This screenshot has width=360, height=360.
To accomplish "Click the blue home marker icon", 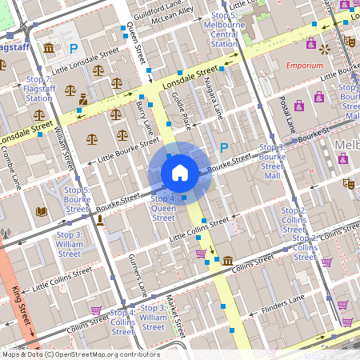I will coord(180,172).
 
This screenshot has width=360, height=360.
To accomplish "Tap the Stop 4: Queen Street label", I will coord(163,207).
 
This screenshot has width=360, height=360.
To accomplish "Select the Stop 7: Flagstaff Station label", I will coord(38,89).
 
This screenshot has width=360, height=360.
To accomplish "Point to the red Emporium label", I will coord(305,66).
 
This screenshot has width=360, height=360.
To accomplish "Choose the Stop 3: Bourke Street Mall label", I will coord(273,162).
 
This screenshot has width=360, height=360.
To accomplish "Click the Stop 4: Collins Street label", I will coord(122,322).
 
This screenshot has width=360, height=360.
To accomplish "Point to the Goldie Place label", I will coord(182,110).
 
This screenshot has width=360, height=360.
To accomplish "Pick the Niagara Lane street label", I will coord(213,101).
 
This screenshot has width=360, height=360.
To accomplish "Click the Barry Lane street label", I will coord(146,117).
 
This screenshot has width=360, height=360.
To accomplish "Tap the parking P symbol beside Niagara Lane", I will coord(224,147).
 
